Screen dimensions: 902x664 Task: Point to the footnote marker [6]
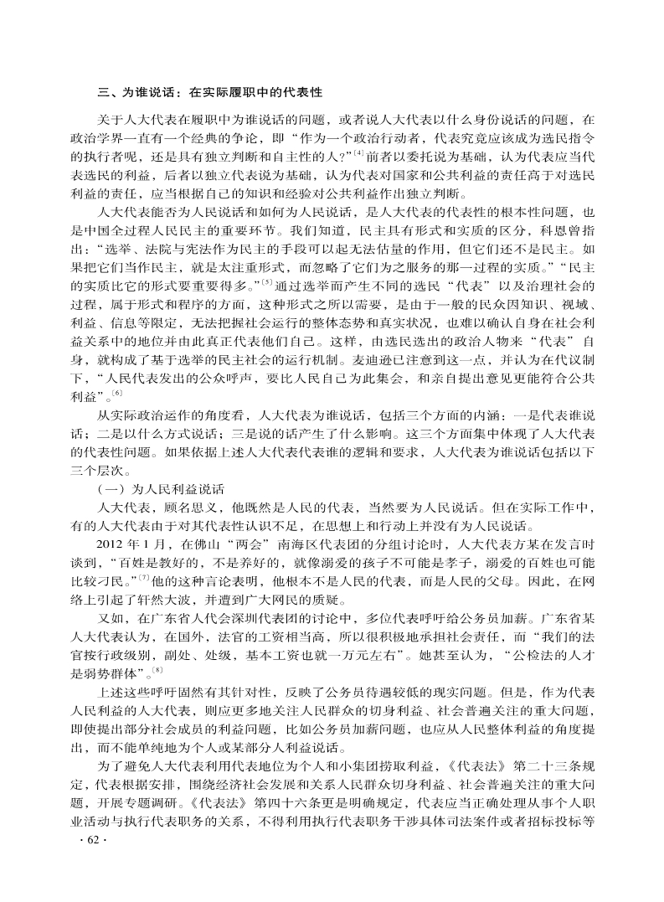click(x=118, y=394)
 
